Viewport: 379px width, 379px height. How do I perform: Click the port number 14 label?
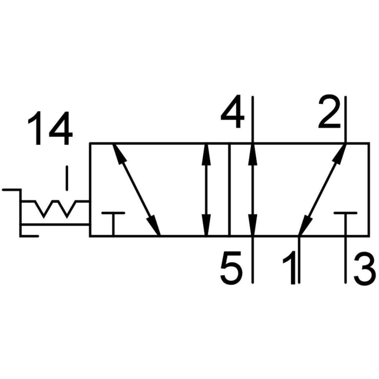pos(50,128)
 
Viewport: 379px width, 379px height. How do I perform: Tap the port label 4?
pos(232,111)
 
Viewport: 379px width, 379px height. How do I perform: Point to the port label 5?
pos(231,267)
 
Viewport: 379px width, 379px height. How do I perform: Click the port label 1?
pos(290,267)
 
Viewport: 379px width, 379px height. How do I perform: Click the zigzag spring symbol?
pos(55,208)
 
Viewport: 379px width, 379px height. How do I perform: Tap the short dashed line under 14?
pos(67,178)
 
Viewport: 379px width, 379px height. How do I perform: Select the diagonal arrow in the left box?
pos(136,189)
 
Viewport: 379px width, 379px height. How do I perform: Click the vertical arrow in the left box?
pos(206,189)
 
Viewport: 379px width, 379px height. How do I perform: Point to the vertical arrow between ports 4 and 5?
pos(252,189)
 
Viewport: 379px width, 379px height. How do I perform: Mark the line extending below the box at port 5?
pos(252,259)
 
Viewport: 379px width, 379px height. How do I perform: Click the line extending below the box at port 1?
pos(299,259)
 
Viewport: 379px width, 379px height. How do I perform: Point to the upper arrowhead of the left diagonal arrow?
pos(119,155)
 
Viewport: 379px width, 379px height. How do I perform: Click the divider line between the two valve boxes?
pos(229,189)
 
